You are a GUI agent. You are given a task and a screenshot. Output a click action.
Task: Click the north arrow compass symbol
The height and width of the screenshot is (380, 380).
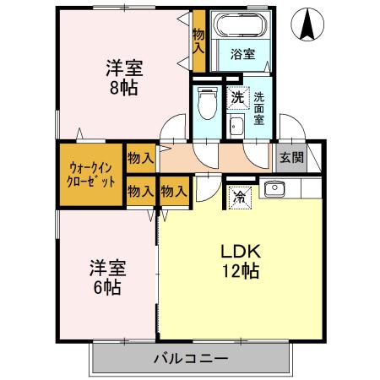[307, 24]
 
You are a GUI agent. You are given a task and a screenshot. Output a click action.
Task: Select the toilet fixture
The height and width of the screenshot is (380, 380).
[208, 103]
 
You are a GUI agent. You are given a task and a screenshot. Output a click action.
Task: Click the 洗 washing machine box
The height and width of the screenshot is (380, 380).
[238, 97]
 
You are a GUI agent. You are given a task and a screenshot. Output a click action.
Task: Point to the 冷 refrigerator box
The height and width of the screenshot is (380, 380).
[240, 198]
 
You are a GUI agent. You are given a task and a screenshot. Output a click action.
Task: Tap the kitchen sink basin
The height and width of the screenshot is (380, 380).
[274, 188]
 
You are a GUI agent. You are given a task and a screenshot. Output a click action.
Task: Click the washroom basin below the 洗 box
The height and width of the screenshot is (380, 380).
[236, 127]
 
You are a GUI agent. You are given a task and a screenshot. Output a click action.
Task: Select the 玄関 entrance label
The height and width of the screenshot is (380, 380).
[291, 158]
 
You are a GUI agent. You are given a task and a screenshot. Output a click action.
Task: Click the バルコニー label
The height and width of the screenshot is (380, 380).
[191, 359]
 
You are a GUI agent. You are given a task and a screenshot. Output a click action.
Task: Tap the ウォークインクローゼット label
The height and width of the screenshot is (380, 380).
[91, 175]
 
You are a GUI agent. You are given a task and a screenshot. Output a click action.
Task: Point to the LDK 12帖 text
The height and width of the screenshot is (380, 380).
[241, 261]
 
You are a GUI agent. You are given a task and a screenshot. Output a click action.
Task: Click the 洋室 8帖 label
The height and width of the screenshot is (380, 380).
[124, 78]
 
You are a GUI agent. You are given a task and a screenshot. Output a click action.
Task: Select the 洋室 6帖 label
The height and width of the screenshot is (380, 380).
[107, 277]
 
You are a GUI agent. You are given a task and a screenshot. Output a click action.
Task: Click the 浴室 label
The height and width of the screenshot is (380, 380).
[243, 54]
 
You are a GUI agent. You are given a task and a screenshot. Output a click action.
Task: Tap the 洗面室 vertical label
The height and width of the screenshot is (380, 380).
[259, 108]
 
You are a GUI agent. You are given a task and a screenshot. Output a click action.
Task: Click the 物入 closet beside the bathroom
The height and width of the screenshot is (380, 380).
[198, 41]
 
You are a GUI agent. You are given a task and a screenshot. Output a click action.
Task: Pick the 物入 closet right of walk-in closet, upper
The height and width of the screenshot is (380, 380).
[141, 158]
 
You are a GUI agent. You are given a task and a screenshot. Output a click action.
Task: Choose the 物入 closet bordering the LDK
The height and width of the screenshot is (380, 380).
[174, 192]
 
